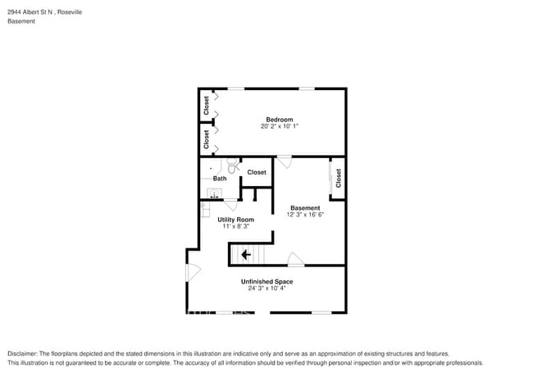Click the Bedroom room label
(279, 119)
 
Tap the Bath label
(220, 179)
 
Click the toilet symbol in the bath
(233, 166)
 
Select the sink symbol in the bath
(215, 194)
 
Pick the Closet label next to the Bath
(257, 172)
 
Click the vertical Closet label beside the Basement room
(338, 177)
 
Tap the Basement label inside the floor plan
(305, 207)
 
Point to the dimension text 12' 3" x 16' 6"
(305, 215)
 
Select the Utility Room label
(235, 219)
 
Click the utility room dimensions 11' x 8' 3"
(235, 226)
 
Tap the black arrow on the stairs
(245, 254)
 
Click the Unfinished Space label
(266, 281)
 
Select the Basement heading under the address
(21, 21)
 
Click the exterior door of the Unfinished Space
(192, 272)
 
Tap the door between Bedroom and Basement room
(285, 161)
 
